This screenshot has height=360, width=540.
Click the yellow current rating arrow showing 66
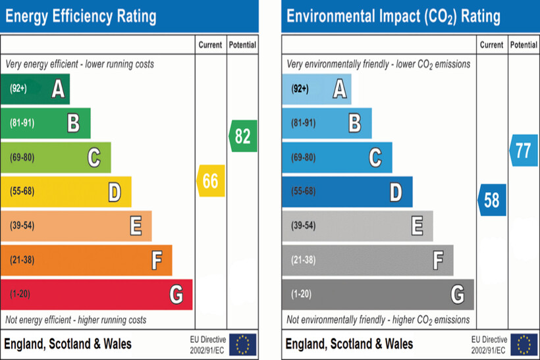coord(211,181)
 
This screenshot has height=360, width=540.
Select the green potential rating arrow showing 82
coord(242,136)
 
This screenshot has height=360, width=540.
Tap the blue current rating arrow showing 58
coord(492,199)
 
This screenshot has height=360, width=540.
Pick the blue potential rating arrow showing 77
coord(523,150)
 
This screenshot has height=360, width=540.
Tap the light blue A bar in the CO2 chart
coord(316,89)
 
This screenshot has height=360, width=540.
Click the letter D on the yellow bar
coord(115,192)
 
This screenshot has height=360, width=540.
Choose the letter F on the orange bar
coord(156,261)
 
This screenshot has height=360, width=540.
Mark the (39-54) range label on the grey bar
coord(303,226)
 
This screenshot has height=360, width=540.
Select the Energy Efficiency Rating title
coord(80,16)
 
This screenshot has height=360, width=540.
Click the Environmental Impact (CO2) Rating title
coord(393,16)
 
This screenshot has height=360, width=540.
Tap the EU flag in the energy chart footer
coord(243,344)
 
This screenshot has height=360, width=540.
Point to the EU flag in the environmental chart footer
coord(524,344)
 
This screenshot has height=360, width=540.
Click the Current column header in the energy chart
coord(211,45)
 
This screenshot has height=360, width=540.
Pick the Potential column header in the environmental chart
coord(524,45)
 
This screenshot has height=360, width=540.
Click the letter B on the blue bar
coord(355,123)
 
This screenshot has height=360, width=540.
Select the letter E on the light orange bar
coord(136,226)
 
